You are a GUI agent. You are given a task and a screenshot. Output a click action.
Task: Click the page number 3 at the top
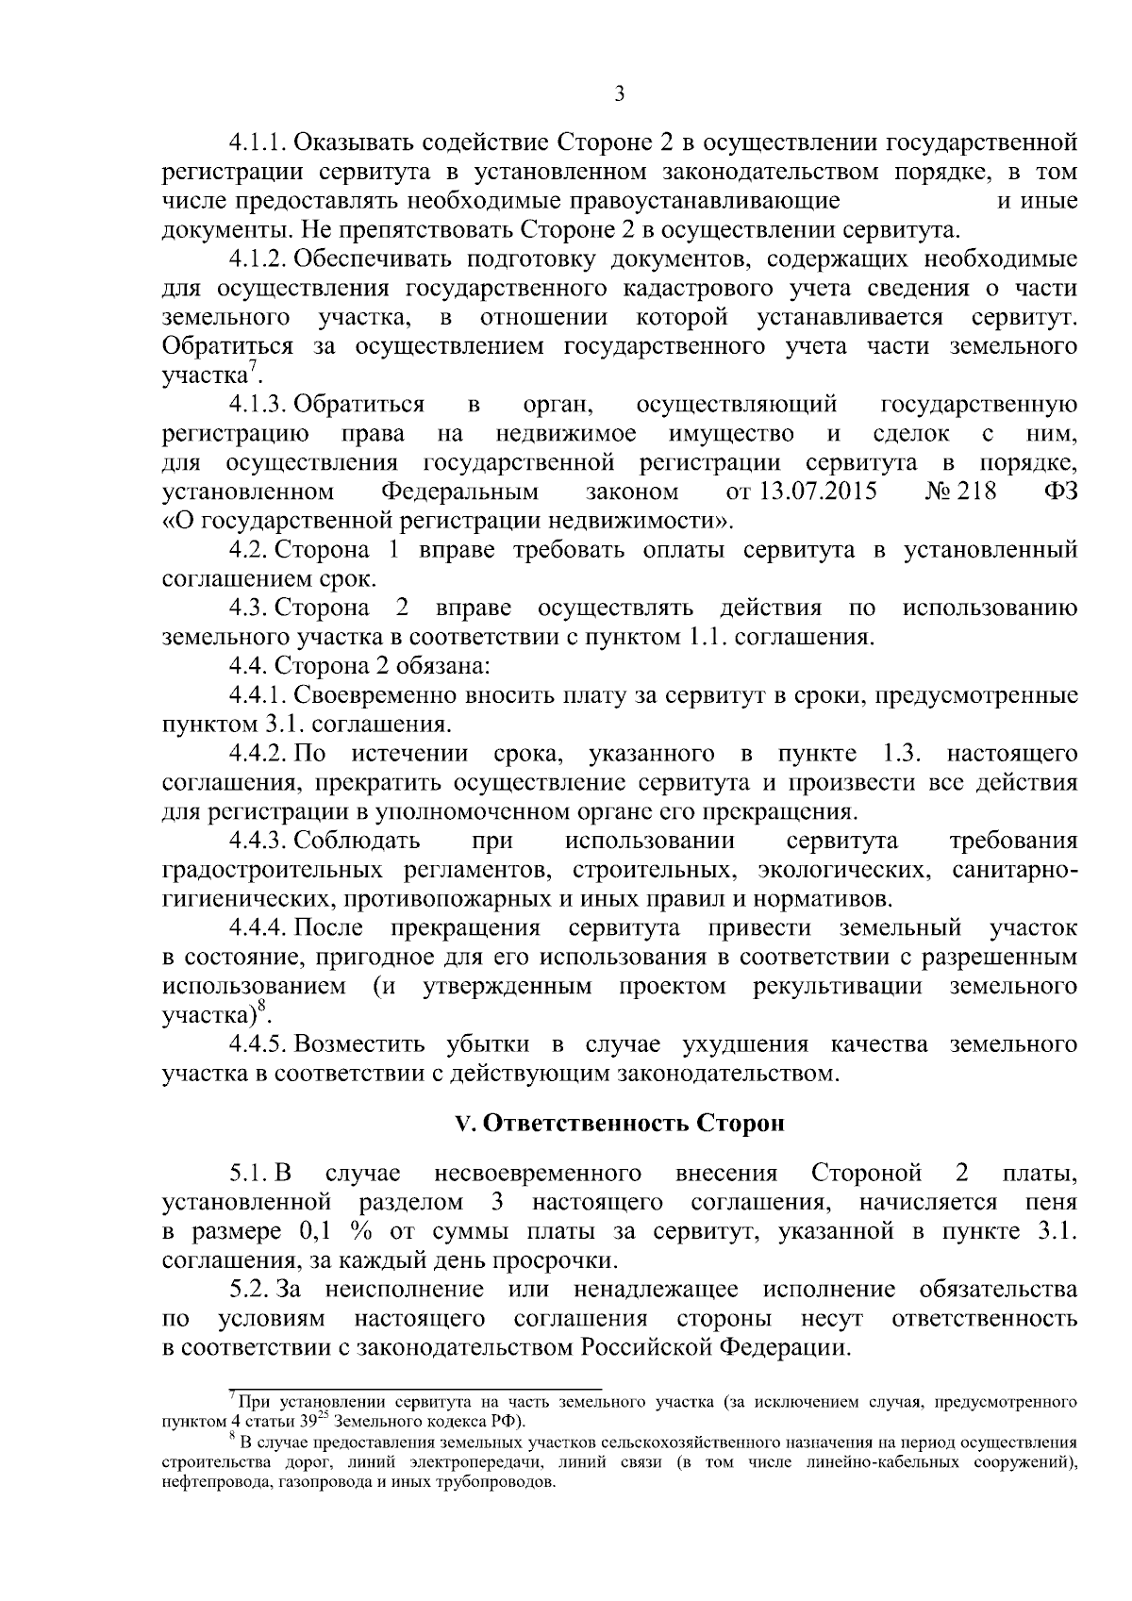[x=619, y=93]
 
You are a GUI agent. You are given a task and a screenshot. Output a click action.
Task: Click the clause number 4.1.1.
[x=257, y=143]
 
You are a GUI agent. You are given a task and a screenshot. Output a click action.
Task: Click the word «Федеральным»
[x=460, y=491]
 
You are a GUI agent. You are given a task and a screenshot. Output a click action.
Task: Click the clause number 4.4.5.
[x=257, y=1044]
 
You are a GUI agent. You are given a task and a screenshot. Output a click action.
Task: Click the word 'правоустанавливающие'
[x=704, y=201]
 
